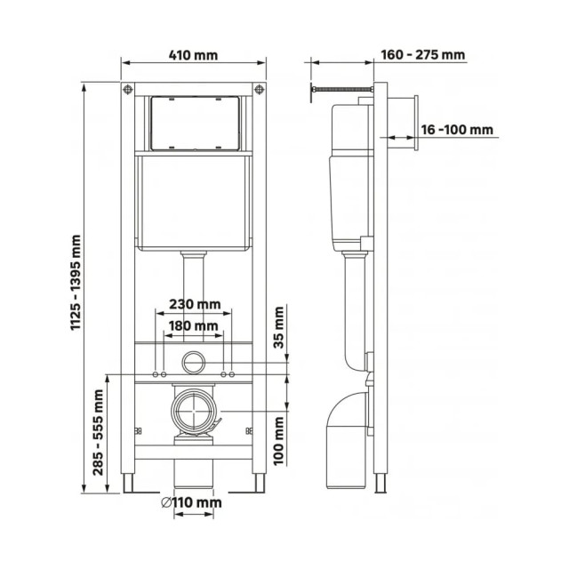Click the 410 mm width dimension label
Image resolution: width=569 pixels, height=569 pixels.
click(194, 55)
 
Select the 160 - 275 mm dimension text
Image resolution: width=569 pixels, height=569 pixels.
click(422, 55)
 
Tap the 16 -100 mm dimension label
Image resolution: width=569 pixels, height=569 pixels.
click(457, 130)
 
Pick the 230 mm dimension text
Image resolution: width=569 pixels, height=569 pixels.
click(194, 304)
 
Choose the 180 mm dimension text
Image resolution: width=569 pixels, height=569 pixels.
click(194, 327)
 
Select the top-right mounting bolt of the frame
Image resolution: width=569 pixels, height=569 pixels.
click(259, 89)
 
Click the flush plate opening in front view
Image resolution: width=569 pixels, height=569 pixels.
click(194, 121)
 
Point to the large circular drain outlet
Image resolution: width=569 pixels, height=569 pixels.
click(194, 413)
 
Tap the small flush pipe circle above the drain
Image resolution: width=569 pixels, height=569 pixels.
click(194, 363)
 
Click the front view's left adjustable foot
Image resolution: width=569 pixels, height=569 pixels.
click(129, 482)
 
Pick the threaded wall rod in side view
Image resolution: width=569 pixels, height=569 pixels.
click(340, 89)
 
